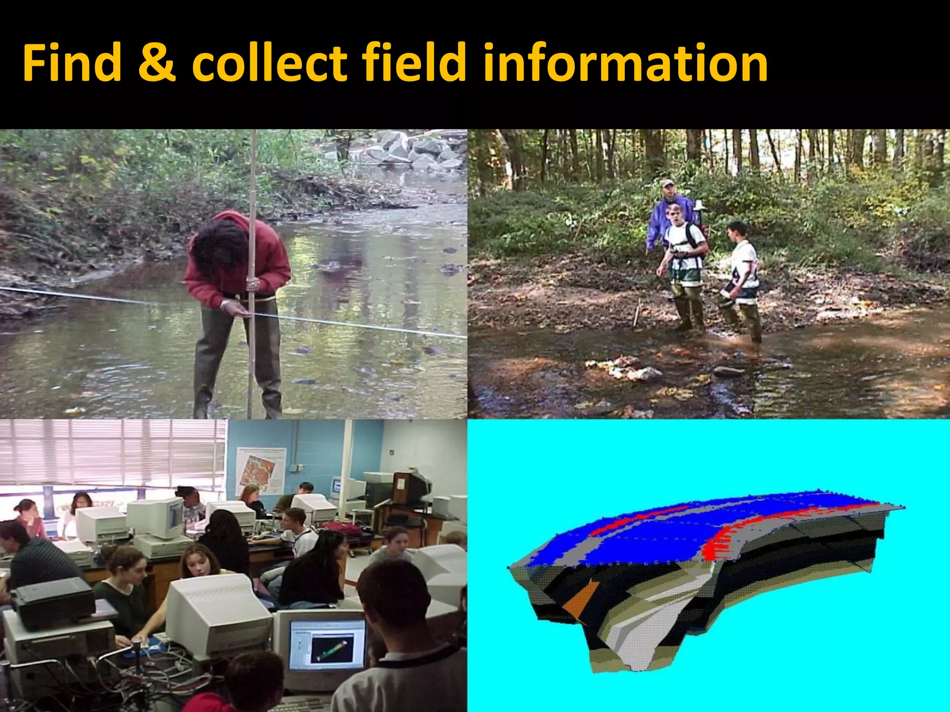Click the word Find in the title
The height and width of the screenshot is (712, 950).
72,63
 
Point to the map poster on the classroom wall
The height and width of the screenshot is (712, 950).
261,469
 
